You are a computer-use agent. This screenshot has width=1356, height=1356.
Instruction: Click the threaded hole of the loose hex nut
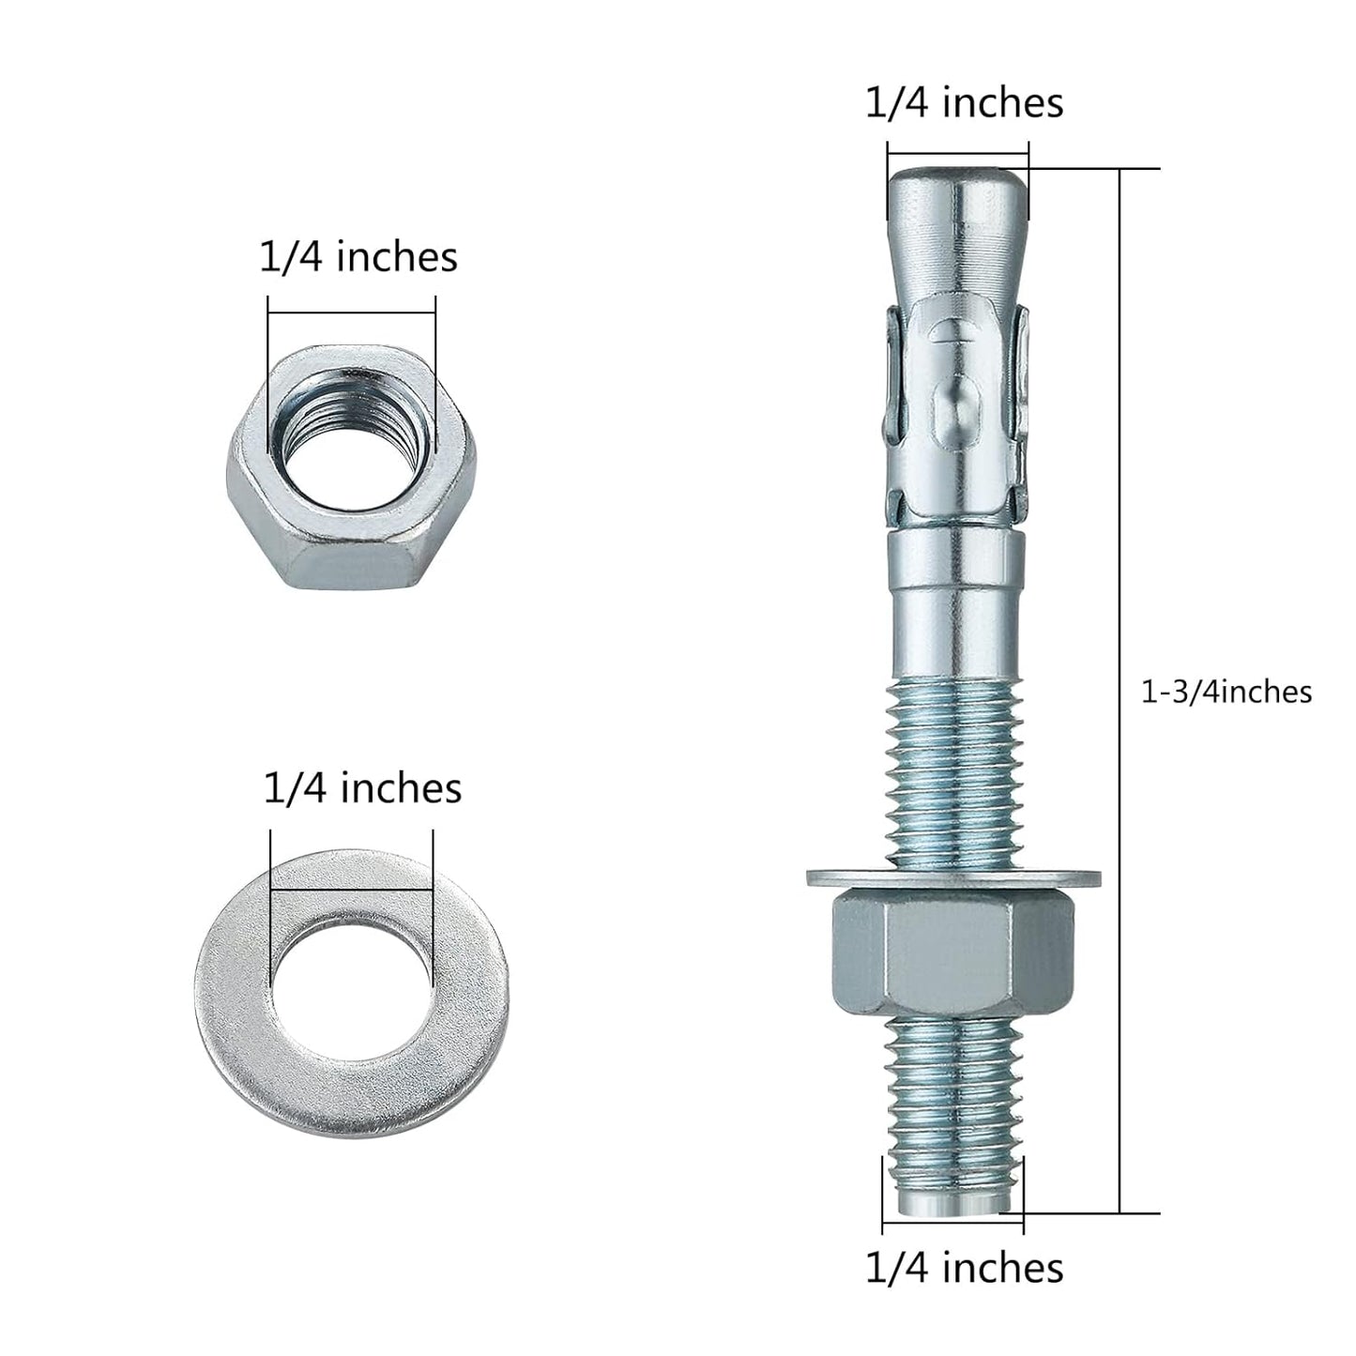pyautogui.click(x=352, y=436)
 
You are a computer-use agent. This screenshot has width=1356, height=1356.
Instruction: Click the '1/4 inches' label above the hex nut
pyautogui.click(x=358, y=257)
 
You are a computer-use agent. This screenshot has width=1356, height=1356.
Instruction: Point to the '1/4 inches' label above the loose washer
pyautogui.click(x=362, y=788)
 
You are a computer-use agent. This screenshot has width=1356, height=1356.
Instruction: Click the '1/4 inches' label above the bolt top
pyautogui.click(x=964, y=102)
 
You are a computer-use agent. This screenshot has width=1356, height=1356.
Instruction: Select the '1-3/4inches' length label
pyautogui.click(x=1226, y=692)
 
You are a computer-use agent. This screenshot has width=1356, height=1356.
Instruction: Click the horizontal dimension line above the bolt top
pyautogui.click(x=957, y=155)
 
